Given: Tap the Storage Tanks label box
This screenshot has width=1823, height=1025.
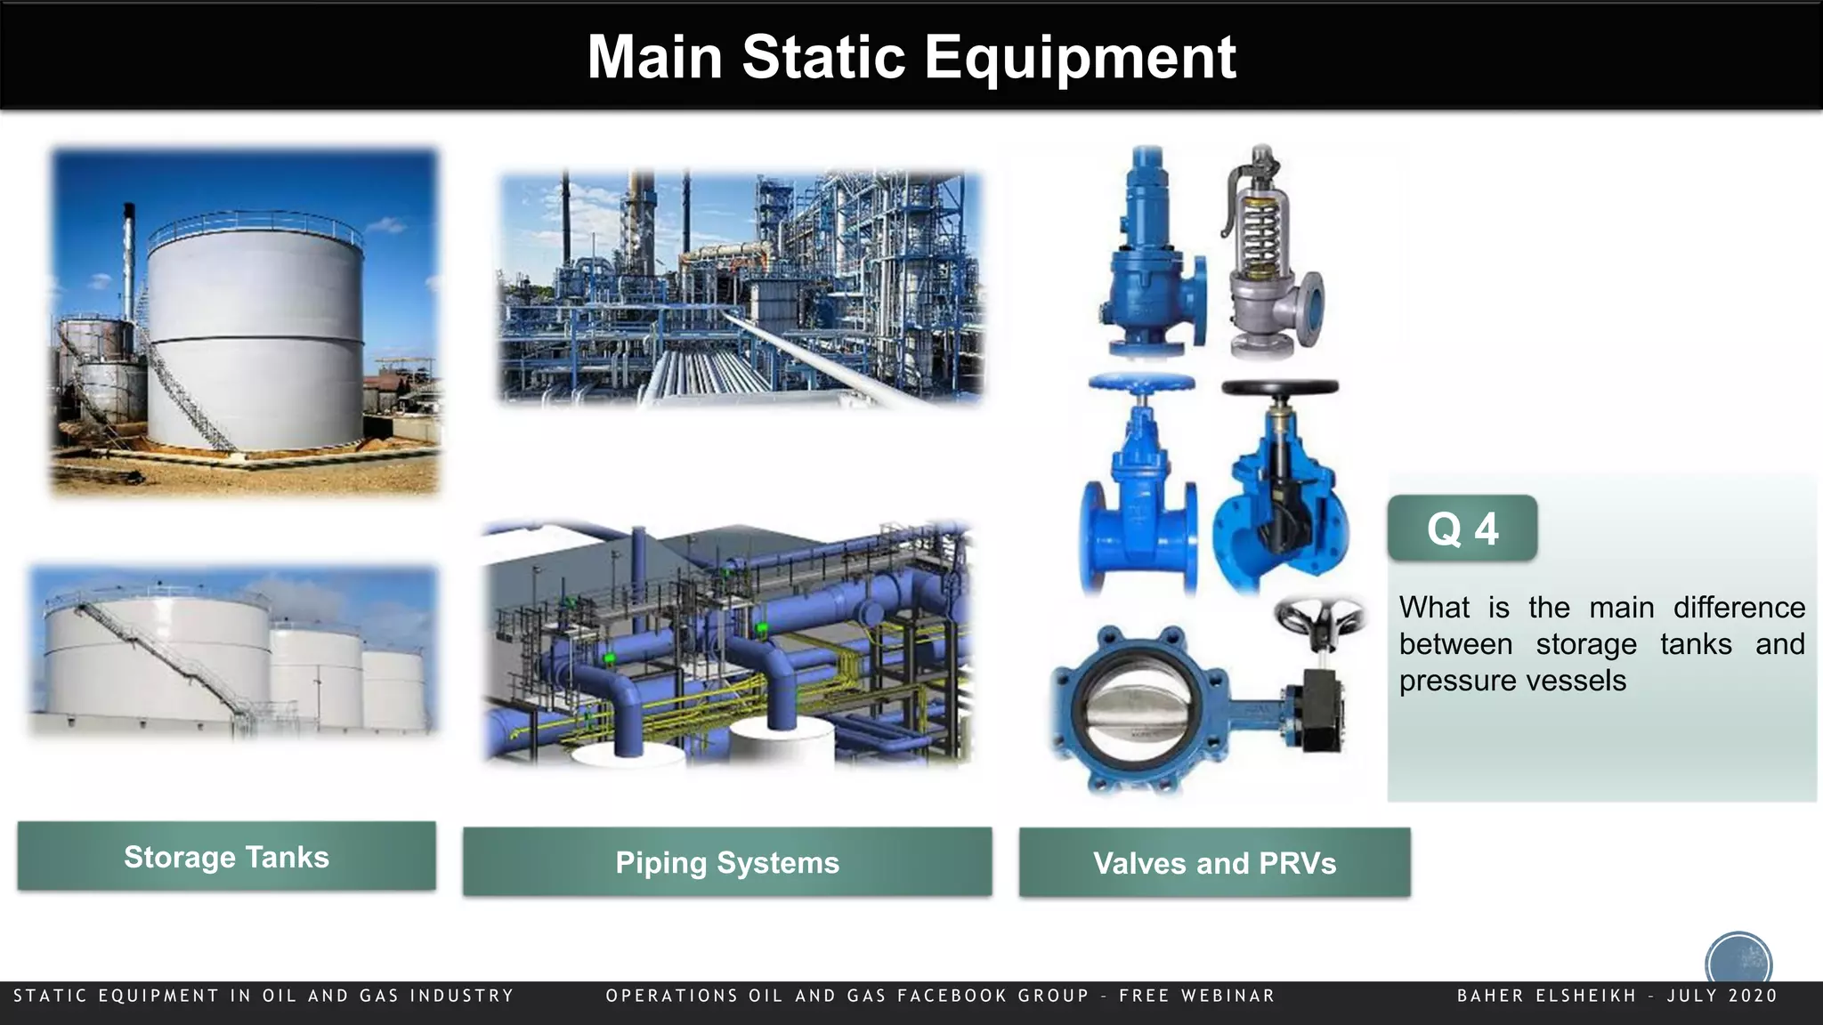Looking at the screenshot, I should [x=226, y=856].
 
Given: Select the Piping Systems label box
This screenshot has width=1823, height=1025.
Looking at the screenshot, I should [x=726, y=862].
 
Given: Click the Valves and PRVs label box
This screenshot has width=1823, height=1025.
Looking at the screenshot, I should [x=1214, y=863].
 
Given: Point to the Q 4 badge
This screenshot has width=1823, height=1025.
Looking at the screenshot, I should [x=1462, y=529].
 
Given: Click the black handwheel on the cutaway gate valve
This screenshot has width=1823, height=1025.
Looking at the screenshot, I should [x=1279, y=389].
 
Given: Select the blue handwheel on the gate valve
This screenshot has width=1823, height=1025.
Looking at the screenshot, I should [x=1141, y=384].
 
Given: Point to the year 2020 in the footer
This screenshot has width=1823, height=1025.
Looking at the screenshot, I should [x=1753, y=996].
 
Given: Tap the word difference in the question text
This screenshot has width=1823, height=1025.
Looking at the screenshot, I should [x=1738, y=608].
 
